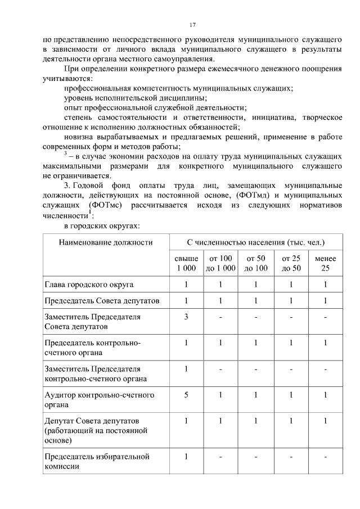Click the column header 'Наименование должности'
tap(106, 242)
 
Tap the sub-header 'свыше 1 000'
tap(186, 263)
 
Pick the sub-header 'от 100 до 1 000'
tap(220, 263)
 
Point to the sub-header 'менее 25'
tap(325, 263)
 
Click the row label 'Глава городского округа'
tap(89, 285)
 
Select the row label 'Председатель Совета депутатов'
tap(102, 301)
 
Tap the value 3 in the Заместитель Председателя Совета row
tap(186, 317)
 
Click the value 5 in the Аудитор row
tap(186, 395)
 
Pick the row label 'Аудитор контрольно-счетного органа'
tap(99, 400)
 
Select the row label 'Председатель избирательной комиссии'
tap(97, 461)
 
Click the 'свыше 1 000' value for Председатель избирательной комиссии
tap(186, 456)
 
